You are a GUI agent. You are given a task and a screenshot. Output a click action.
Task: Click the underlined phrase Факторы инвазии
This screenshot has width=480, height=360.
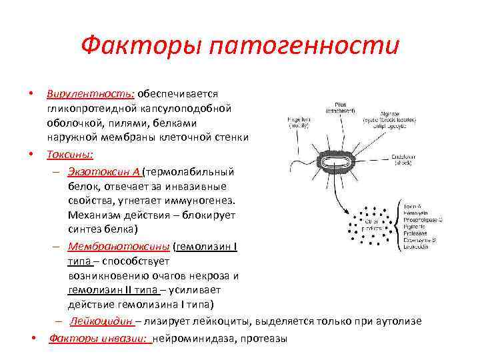point(100,338)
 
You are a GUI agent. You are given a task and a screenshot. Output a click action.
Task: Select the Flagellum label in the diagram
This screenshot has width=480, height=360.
point(297,121)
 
